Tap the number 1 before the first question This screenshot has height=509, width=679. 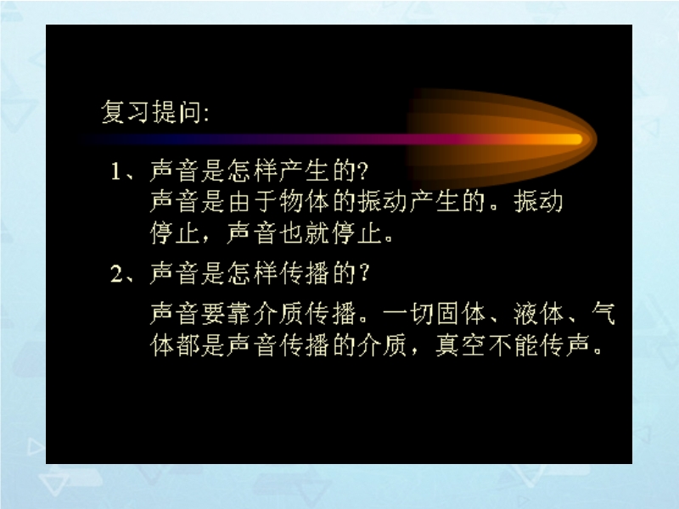[x=115, y=171]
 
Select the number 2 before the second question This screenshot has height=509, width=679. [x=116, y=273]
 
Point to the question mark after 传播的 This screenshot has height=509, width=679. [x=364, y=273]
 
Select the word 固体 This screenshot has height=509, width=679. [x=461, y=313]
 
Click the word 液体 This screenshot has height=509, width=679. [x=538, y=313]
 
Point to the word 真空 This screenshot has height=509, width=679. [x=460, y=345]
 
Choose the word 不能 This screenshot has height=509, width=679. [x=513, y=345]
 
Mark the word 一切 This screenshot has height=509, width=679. [x=408, y=313]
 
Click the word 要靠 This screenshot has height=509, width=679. [x=227, y=313]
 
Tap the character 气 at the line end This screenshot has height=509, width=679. [x=603, y=313]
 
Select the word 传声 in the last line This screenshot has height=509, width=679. [x=564, y=345]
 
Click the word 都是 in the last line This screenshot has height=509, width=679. [x=200, y=345]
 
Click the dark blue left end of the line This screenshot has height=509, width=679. [x=87, y=139]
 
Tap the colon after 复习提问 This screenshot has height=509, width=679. [x=205, y=115]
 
